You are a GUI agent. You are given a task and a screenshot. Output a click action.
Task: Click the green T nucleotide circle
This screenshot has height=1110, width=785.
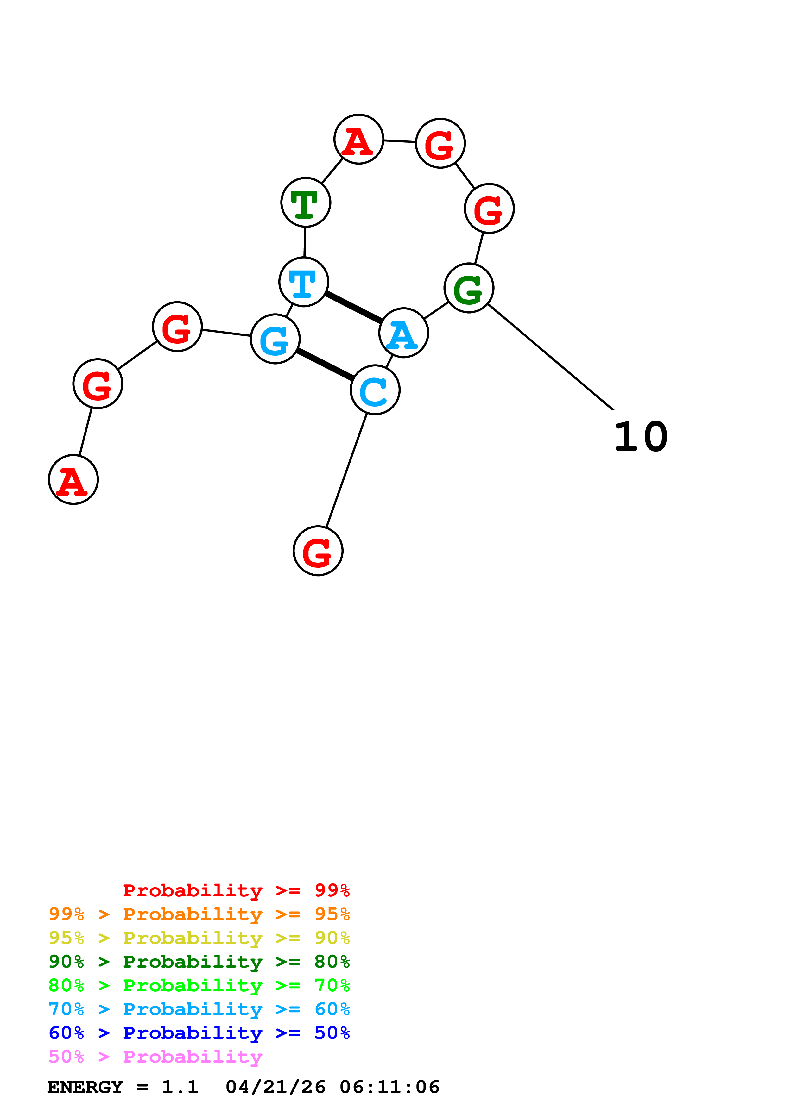(x=306, y=202)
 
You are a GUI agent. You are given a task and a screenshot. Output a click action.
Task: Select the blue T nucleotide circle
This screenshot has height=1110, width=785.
(x=304, y=282)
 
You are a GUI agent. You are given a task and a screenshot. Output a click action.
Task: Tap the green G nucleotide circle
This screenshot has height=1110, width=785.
(x=469, y=288)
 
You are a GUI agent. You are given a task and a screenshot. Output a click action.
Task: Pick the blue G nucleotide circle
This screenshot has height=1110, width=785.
(x=275, y=339)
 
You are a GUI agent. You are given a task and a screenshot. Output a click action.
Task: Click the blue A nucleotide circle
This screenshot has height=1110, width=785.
(x=403, y=333)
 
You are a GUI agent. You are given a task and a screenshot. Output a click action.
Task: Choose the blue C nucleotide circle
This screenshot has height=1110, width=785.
(x=375, y=390)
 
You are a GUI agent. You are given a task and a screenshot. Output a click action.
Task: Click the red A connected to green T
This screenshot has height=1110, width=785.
(x=358, y=139)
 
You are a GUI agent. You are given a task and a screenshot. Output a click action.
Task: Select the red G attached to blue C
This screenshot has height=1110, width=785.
(x=318, y=551)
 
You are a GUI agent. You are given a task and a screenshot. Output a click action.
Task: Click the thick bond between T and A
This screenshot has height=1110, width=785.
(x=354, y=307)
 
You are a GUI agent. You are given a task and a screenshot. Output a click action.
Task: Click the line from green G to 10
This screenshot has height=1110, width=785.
(x=551, y=357)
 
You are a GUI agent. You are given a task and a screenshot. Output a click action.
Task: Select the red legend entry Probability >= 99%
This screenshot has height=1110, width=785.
(x=236, y=890)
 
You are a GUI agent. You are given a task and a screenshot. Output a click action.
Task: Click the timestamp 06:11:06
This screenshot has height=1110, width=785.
(x=389, y=1087)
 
